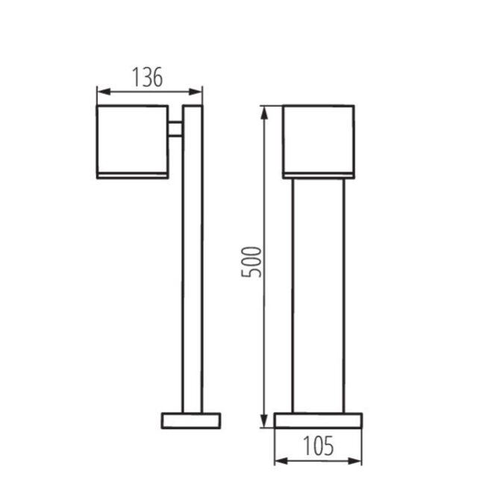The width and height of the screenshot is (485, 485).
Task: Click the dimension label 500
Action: point(254,261)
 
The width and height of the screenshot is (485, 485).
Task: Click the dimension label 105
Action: point(318,446)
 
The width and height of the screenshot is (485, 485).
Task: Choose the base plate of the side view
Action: point(192,419)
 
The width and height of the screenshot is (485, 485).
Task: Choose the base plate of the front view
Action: point(318,420)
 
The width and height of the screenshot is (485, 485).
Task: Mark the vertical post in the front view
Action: point(318,298)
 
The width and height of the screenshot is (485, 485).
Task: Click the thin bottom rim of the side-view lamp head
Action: point(132,175)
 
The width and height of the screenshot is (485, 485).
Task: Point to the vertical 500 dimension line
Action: point(263,336)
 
